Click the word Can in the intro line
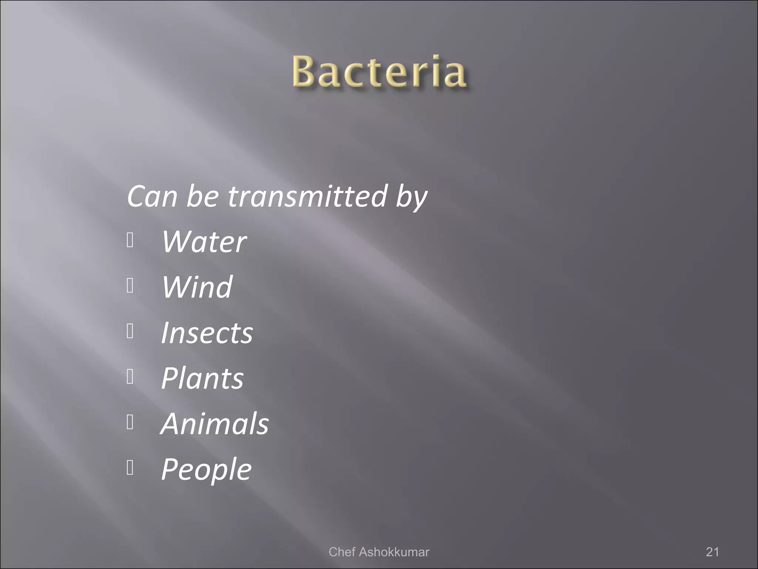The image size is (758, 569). [x=152, y=196]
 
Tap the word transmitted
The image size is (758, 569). [x=308, y=196]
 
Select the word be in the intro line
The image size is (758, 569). [x=202, y=196]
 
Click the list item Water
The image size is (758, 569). [x=204, y=242]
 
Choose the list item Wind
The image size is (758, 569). [x=197, y=287]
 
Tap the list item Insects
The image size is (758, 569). [x=207, y=333]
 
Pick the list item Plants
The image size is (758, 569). [x=202, y=378]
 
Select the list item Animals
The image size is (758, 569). [x=215, y=424]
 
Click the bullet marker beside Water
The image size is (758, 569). [x=130, y=240]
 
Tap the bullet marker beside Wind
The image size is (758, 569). [x=130, y=286]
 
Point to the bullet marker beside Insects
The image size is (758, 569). [x=130, y=331]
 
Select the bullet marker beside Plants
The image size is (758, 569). [x=130, y=377]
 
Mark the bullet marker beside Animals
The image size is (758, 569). [x=130, y=422]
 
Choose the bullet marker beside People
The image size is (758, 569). [x=130, y=468]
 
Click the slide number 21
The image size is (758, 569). [x=712, y=552]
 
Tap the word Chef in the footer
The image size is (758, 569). [x=342, y=552]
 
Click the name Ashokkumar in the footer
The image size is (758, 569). [x=394, y=552]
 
